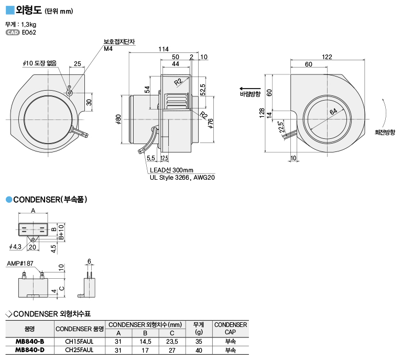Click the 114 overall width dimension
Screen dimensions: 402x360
click(x=164, y=49)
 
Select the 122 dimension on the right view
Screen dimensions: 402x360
click(x=327, y=57)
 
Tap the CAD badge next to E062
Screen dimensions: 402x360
click(x=13, y=32)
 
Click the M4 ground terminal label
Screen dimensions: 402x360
click(x=108, y=48)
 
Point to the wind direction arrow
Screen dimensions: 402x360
click(x=250, y=89)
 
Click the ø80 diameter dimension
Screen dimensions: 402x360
click(x=118, y=119)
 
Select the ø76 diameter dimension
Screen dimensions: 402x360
click(x=211, y=123)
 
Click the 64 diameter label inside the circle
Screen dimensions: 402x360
click(x=333, y=111)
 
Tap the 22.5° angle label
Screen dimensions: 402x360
click(x=281, y=126)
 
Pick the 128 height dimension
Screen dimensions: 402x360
click(x=262, y=113)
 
